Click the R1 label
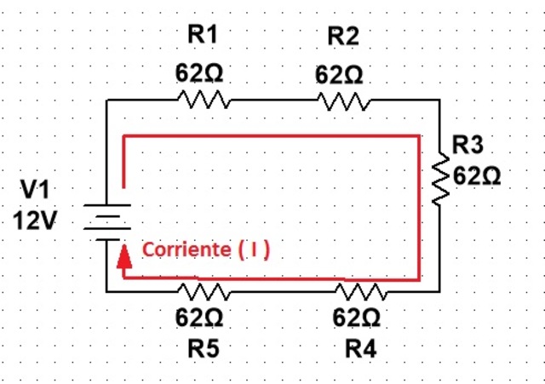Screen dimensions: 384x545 tap(202, 35)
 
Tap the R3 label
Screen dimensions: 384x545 tap(468, 143)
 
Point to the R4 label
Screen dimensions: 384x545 tap(359, 348)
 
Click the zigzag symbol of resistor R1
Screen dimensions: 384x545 tap(204, 100)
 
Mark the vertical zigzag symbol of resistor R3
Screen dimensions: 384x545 tap(439, 180)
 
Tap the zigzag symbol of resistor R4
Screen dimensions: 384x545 tap(361, 291)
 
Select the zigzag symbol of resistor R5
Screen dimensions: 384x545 tap(204, 291)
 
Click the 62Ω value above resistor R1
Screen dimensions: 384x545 tap(199, 74)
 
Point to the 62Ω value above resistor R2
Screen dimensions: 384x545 tap(339, 75)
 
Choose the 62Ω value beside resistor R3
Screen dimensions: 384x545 tap(477, 175)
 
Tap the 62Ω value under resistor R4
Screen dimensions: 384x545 tap(357, 318)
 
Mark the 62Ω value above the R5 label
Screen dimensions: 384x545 tap(199, 318)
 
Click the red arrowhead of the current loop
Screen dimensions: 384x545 tap(124, 253)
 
